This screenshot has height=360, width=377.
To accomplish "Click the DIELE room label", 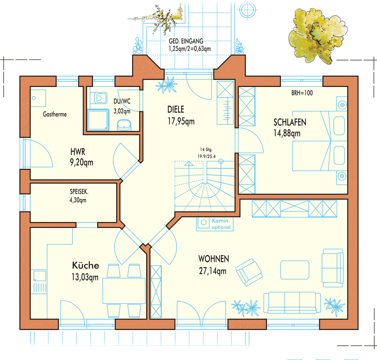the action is [x=176, y=110].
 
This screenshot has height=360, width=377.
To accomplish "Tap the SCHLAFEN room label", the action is [x=290, y=122].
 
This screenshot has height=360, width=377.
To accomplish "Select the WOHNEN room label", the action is [x=214, y=259].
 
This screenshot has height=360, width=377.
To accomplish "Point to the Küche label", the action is [x=86, y=265].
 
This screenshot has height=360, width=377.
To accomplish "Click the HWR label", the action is [x=78, y=152].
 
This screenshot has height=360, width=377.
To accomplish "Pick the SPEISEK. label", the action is [x=79, y=192].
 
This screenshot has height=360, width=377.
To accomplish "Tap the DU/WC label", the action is [x=122, y=101].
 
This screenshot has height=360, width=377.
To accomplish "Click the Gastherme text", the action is [x=55, y=114].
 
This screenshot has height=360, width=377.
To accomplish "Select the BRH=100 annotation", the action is [x=302, y=93].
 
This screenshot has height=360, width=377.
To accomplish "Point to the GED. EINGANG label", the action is [x=186, y=41].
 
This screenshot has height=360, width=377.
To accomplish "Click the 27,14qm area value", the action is [x=213, y=271].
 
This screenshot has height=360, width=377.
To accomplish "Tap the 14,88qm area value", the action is [x=287, y=133].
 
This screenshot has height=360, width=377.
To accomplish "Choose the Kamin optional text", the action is [x=221, y=224].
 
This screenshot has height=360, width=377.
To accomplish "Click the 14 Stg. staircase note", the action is [x=206, y=150].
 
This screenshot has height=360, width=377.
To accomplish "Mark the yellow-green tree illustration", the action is [x=317, y=36].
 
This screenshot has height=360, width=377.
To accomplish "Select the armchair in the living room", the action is [x=249, y=272].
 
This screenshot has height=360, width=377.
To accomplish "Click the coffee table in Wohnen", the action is [x=295, y=270].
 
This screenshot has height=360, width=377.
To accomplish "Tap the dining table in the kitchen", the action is [x=124, y=291].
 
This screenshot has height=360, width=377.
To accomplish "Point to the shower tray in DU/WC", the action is [x=98, y=120].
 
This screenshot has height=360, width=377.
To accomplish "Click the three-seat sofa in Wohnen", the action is [x=292, y=302].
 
